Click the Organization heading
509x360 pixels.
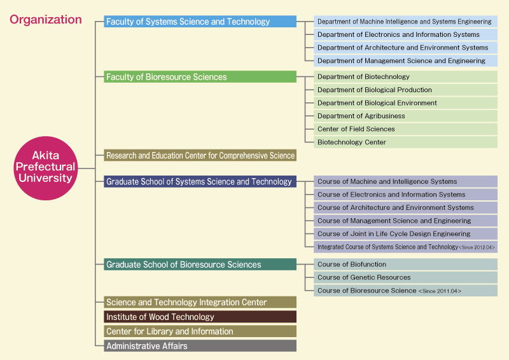click(45, 20)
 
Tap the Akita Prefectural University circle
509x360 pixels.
click(46, 168)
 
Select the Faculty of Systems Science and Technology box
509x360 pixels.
click(200, 22)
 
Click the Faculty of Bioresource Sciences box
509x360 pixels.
click(200, 76)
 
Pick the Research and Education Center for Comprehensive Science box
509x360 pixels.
click(200, 155)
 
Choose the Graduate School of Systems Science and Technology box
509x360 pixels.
click(200, 181)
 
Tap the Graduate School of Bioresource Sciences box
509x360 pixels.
click(200, 264)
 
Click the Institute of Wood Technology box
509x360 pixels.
click(200, 317)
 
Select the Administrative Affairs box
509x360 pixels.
click(200, 346)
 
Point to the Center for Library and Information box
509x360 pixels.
click(200, 331)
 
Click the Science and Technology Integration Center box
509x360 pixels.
click(200, 302)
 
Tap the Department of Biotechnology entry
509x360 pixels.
click(405, 76)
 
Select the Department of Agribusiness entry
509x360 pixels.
click(405, 116)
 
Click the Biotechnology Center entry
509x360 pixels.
click(405, 142)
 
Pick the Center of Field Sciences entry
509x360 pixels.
click(405, 129)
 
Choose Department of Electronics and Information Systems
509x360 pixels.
click(405, 34)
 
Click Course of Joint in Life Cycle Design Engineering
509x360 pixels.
click(405, 233)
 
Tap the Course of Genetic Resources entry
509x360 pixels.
click(405, 277)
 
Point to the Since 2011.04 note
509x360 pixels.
click(440, 291)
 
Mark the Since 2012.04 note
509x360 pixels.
click(477, 247)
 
